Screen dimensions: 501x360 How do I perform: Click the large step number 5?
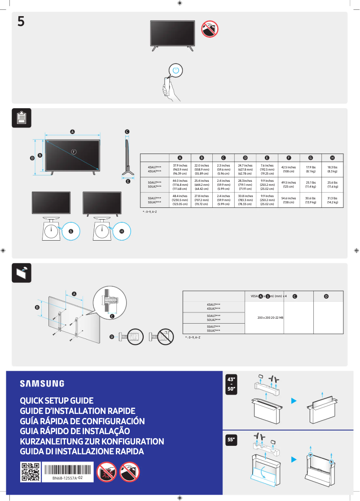pos(21,21)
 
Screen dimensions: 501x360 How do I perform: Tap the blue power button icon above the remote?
pos(176,70)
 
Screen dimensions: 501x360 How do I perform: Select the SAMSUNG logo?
pos(42,383)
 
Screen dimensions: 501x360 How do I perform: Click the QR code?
pos(30,472)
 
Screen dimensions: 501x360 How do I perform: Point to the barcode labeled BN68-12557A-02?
pos(67,470)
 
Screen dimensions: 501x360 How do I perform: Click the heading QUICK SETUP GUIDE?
pos(57,400)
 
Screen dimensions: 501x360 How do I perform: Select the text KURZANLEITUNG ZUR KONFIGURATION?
pos(92,441)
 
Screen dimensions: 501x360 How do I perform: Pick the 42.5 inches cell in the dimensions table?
pos(288,169)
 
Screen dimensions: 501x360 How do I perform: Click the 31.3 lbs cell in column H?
pos(332,200)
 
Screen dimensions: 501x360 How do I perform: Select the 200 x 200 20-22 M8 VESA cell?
pos(270,318)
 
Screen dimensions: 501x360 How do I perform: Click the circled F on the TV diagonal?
pos(74,151)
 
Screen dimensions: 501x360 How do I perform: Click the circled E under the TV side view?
pos(127,181)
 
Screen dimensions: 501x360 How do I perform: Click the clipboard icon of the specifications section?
pos(21,118)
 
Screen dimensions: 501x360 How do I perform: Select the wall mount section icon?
pos(21,272)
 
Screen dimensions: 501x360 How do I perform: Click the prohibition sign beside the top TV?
pos(209,29)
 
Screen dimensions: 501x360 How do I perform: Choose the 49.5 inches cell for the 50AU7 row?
pos(288,185)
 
